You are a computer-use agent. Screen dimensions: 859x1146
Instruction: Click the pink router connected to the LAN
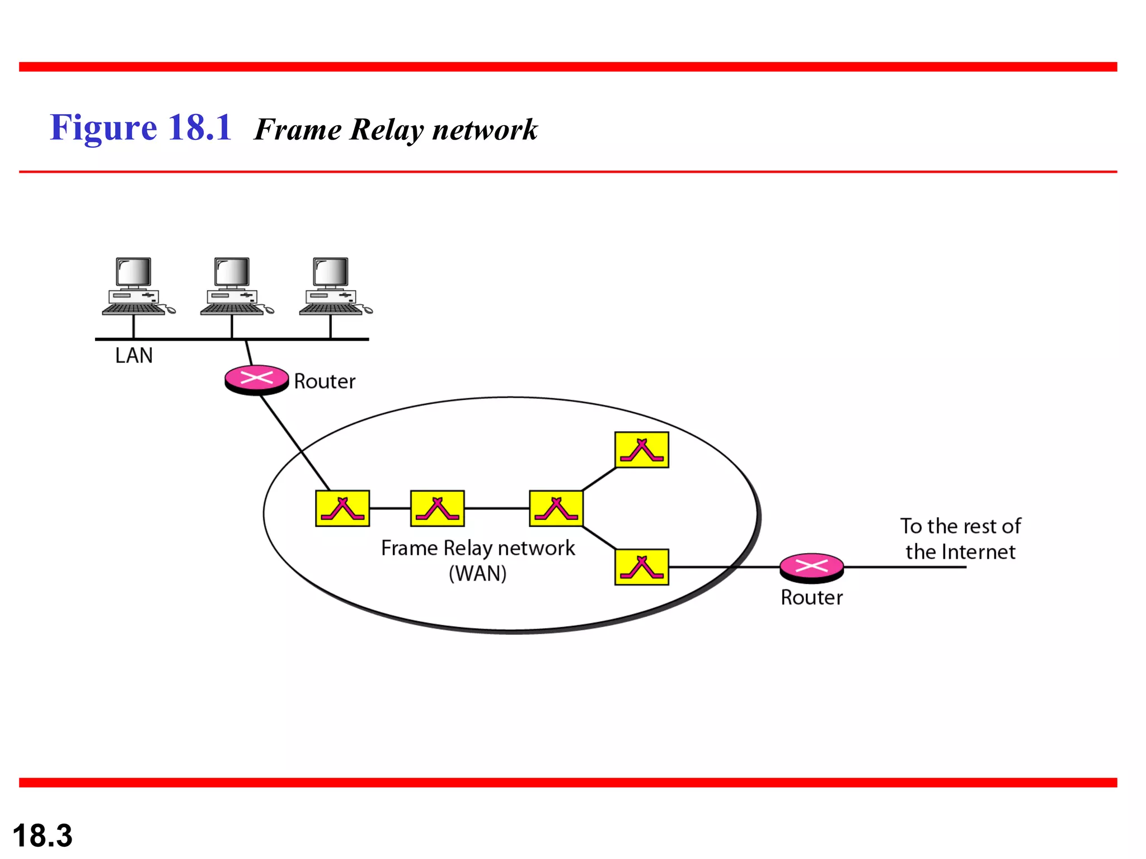pos(257,379)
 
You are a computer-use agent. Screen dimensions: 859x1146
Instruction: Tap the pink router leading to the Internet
pos(811,567)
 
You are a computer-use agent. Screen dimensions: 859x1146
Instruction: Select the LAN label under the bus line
pos(134,356)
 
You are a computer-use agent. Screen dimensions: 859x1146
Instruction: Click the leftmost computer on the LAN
pos(134,286)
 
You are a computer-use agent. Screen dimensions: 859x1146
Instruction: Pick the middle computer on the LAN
pos(233,286)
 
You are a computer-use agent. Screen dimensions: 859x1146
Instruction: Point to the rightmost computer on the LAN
pos(331,286)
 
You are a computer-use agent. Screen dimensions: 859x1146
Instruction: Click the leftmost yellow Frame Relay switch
pos(342,508)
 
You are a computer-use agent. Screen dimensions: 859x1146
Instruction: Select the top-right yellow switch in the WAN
pos(641,450)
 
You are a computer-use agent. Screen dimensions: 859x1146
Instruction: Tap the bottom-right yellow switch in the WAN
pos(641,567)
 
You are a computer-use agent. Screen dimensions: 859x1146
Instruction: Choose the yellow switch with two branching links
pos(556,508)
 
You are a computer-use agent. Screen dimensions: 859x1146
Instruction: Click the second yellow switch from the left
pos(438,508)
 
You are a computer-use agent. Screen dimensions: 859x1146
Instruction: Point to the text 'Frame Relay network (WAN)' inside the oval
pos(478,560)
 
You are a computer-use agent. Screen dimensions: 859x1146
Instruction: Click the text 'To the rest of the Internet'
pos(960,539)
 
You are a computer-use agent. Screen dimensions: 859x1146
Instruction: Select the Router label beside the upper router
pos(325,381)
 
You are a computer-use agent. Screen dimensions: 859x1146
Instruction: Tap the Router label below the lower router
pos(811,598)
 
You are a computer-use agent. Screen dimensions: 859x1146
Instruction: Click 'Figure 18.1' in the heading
pos(141,128)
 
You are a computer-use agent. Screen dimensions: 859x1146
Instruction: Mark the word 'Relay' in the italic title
pos(386,130)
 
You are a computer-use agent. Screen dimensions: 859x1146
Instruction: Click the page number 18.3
pos(43,836)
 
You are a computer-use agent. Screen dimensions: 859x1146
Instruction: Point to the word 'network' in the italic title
pos(485,130)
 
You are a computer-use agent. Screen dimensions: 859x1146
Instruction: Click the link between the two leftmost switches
pos(390,508)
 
